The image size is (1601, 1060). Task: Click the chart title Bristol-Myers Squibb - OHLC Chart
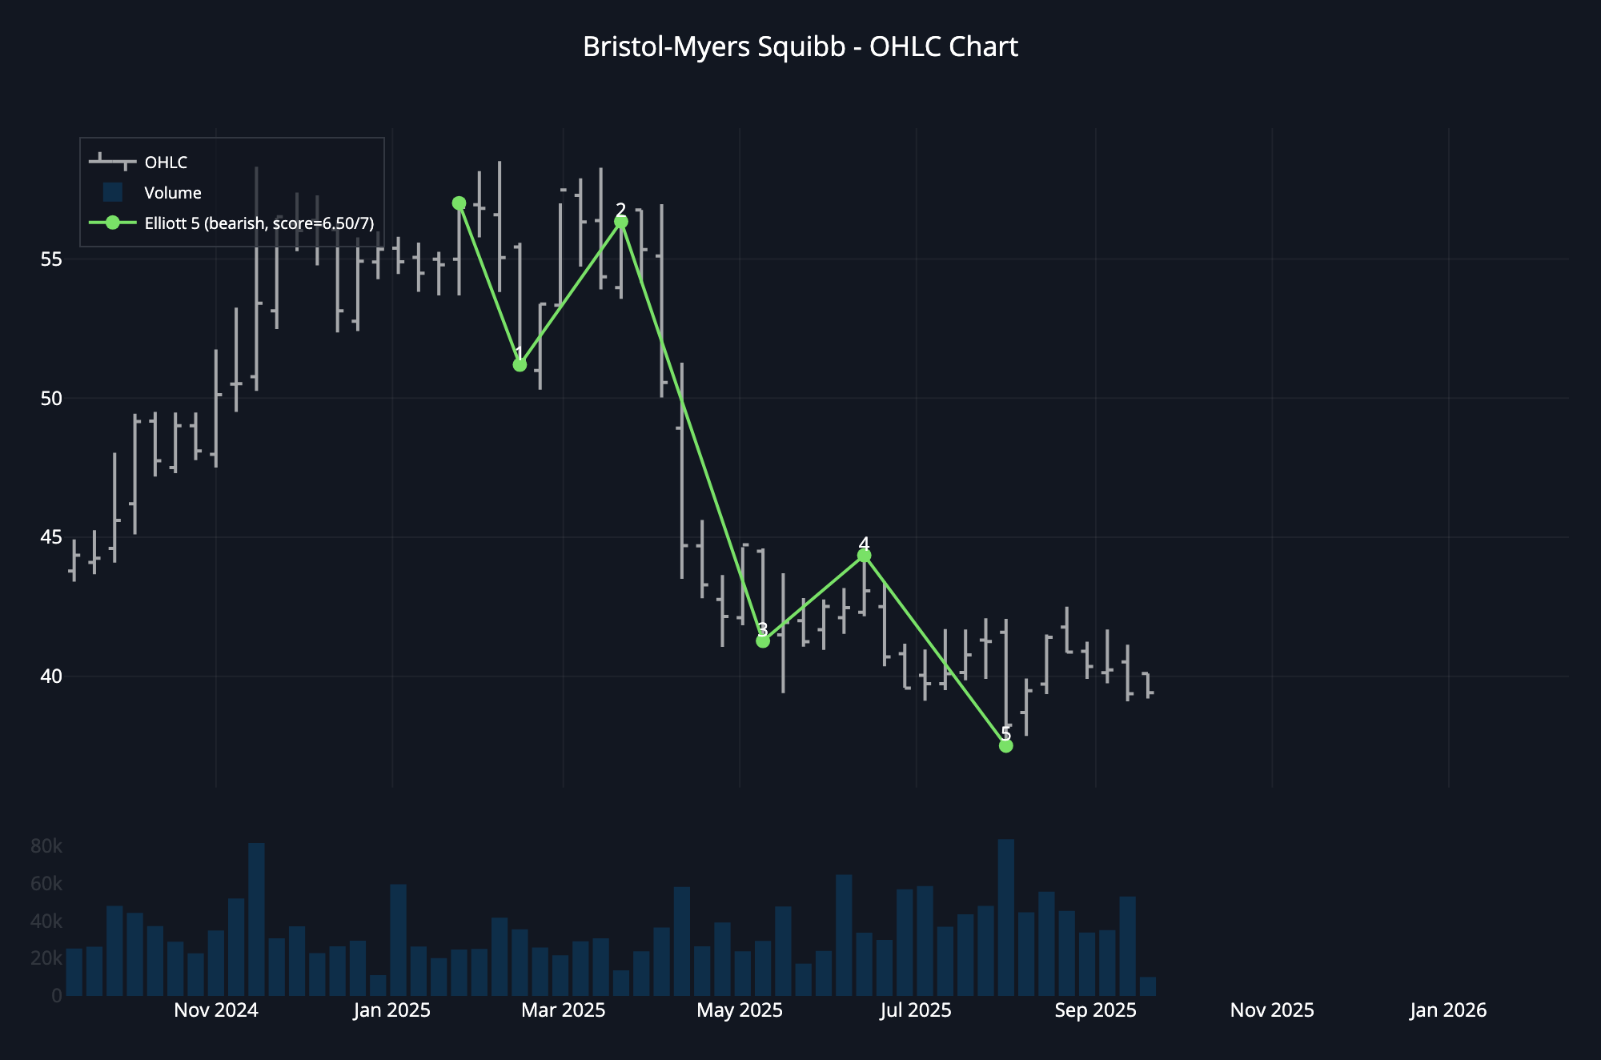[800, 47]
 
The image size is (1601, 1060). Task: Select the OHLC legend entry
[166, 163]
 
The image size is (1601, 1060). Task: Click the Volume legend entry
[172, 193]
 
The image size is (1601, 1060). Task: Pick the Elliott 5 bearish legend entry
[259, 223]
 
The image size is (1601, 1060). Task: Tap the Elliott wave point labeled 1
[520, 365]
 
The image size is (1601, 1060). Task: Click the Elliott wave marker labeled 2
[621, 222]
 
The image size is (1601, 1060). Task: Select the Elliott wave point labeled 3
[763, 641]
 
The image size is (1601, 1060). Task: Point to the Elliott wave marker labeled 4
[864, 556]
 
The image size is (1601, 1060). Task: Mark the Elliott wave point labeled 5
[1006, 746]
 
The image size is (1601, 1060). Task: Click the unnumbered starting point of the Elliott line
[459, 203]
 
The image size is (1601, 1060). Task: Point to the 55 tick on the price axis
[50, 259]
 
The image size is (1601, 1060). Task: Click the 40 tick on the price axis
[50, 677]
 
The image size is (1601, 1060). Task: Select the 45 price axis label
[50, 537]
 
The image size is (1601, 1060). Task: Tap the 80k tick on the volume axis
[46, 846]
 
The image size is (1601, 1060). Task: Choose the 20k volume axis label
[46, 958]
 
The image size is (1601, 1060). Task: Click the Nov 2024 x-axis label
[215, 1010]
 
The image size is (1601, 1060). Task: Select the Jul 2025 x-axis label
[915, 1010]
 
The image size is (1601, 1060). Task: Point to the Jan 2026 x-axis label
[1447, 1010]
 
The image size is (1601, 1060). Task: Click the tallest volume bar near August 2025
[1006, 917]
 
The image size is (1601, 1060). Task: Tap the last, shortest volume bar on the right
[1147, 987]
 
